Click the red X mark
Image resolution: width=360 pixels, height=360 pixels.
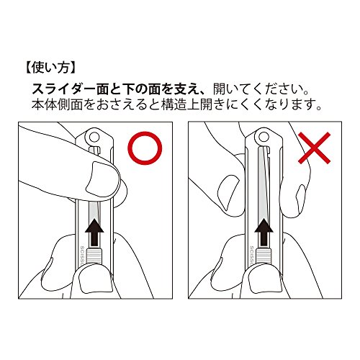[x=315, y=148]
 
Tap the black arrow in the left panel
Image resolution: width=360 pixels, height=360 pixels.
[x=94, y=232]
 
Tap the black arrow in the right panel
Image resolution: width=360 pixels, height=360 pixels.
[x=264, y=232]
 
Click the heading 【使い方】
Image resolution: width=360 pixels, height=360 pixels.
[x=50, y=68]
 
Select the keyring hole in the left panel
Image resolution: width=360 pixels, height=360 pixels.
[x=94, y=137]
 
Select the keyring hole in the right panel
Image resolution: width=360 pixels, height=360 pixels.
[x=264, y=137]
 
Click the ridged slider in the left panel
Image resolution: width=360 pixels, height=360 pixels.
[x=94, y=256]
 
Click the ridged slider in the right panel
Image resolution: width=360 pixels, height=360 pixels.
[x=264, y=256]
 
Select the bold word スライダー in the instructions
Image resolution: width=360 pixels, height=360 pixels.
[x=63, y=89]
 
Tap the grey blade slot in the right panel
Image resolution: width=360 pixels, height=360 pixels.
[x=264, y=182]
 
